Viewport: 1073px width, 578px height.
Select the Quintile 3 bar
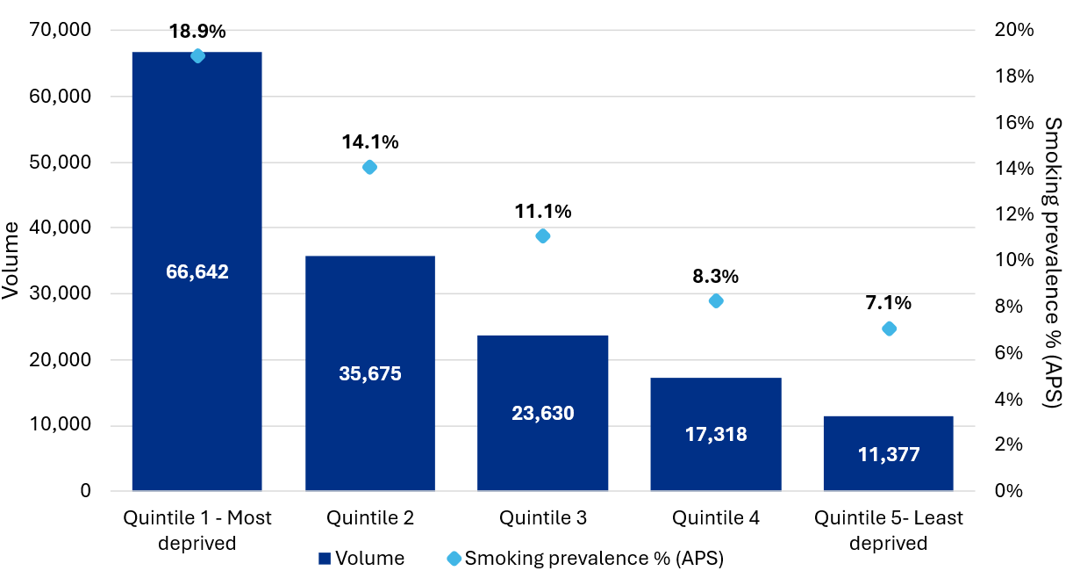[x=542, y=369]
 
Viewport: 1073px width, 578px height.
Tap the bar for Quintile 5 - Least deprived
[x=888, y=430]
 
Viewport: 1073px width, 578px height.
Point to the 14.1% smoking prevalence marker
[x=369, y=167]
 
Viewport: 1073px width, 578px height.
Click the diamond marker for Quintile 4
[x=715, y=300]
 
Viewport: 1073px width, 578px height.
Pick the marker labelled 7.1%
[x=888, y=329]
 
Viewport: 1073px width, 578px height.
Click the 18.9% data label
[x=197, y=32]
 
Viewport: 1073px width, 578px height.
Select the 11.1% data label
[x=542, y=212]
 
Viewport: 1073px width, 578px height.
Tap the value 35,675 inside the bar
[x=369, y=373]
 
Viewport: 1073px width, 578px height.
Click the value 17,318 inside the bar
[x=715, y=433]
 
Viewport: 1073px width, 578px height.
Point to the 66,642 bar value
[x=197, y=272]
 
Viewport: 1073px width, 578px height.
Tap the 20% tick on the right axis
[x=1012, y=31]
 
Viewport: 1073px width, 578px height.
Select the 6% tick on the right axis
[x=1010, y=353]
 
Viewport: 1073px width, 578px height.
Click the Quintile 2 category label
[x=369, y=518]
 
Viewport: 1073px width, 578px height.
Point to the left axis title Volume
[x=11, y=261]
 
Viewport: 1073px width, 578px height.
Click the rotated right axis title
[x=1053, y=261]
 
